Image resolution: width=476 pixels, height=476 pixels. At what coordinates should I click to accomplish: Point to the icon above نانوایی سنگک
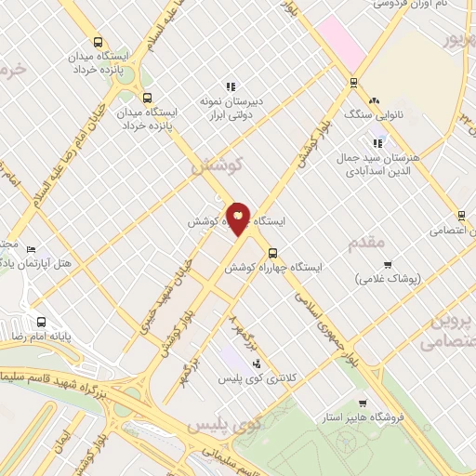374,100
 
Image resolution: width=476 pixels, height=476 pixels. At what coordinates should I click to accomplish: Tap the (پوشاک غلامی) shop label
387,278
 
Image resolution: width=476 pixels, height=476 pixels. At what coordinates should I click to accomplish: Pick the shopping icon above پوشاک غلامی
388,264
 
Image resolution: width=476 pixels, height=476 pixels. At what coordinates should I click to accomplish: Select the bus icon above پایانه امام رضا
39,323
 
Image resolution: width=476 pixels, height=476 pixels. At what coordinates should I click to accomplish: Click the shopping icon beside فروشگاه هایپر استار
395,417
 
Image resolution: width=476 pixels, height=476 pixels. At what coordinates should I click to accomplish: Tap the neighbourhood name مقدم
364,244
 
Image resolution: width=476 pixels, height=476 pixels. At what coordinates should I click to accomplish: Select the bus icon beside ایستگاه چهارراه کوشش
272,252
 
